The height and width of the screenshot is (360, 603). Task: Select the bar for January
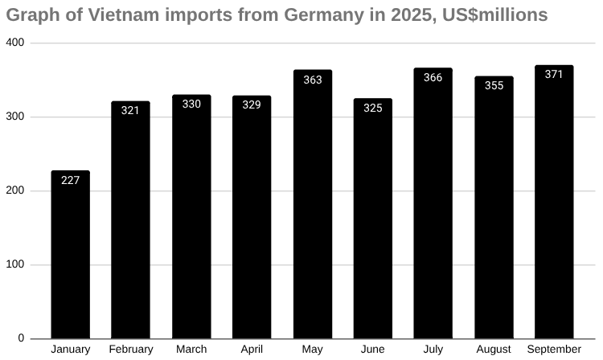pyautogui.click(x=70, y=255)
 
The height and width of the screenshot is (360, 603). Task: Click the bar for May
pyautogui.click(x=312, y=204)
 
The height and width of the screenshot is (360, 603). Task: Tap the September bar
pyautogui.click(x=554, y=202)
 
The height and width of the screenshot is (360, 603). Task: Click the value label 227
pyautogui.click(x=70, y=180)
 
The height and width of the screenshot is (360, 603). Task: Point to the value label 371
pyautogui.click(x=554, y=74)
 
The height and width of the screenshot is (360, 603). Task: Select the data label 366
pyautogui.click(x=433, y=78)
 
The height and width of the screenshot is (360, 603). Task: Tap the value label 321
pyautogui.click(x=130, y=110)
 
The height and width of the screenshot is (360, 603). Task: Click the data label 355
pyautogui.click(x=494, y=85)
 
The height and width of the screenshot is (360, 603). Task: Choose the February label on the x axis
pyautogui.click(x=130, y=350)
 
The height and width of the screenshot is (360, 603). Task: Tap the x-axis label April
pyautogui.click(x=252, y=350)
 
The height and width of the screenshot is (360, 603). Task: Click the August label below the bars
pyautogui.click(x=494, y=350)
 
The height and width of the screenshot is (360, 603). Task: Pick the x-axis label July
pyautogui.click(x=433, y=350)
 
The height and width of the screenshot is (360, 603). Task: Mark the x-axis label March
pyautogui.click(x=191, y=350)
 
